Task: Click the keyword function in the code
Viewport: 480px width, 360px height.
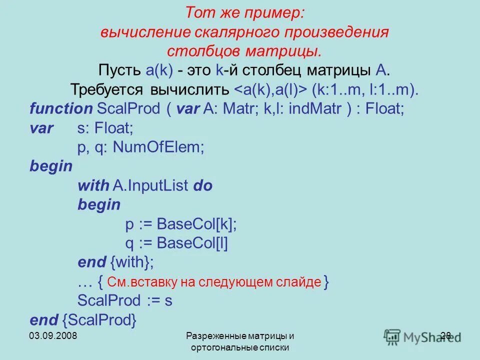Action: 61,109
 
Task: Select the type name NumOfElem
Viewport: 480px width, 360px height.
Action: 159,147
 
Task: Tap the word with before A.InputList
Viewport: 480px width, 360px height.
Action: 93,186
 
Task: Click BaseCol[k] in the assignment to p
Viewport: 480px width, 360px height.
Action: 196,224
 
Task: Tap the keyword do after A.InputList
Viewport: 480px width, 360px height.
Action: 202,186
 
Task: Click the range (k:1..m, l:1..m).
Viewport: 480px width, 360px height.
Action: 365,90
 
